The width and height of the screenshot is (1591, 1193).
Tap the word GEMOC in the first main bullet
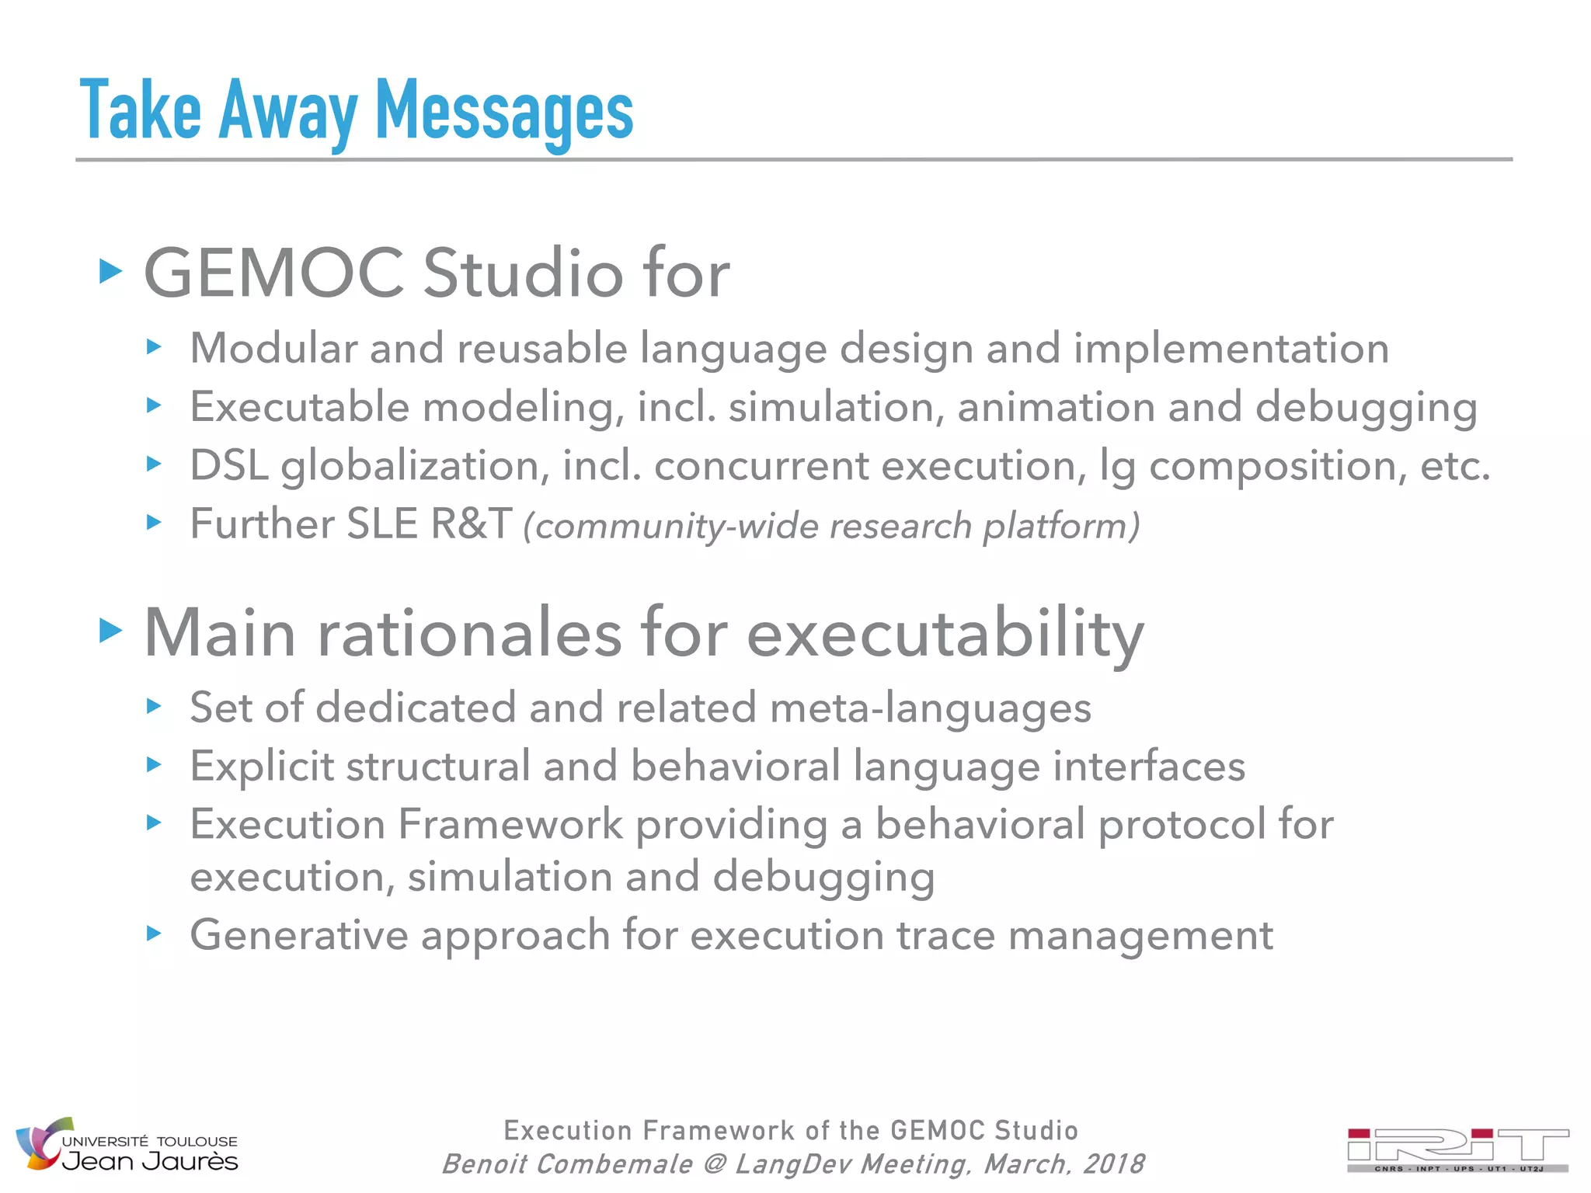[273, 273]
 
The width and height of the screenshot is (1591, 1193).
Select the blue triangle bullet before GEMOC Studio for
[111, 272]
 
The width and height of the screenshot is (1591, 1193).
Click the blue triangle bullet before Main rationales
[111, 631]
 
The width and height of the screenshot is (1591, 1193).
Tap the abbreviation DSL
[228, 465]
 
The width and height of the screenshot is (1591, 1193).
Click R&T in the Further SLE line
[471, 524]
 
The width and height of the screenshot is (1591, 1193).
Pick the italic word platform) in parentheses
[1061, 527]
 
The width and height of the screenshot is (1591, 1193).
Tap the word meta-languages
[930, 708]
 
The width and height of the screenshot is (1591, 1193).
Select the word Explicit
[261, 767]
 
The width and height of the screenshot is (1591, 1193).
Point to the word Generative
[298, 935]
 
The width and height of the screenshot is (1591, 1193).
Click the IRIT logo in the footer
[1457, 1150]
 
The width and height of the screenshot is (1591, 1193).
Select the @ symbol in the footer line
[714, 1164]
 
